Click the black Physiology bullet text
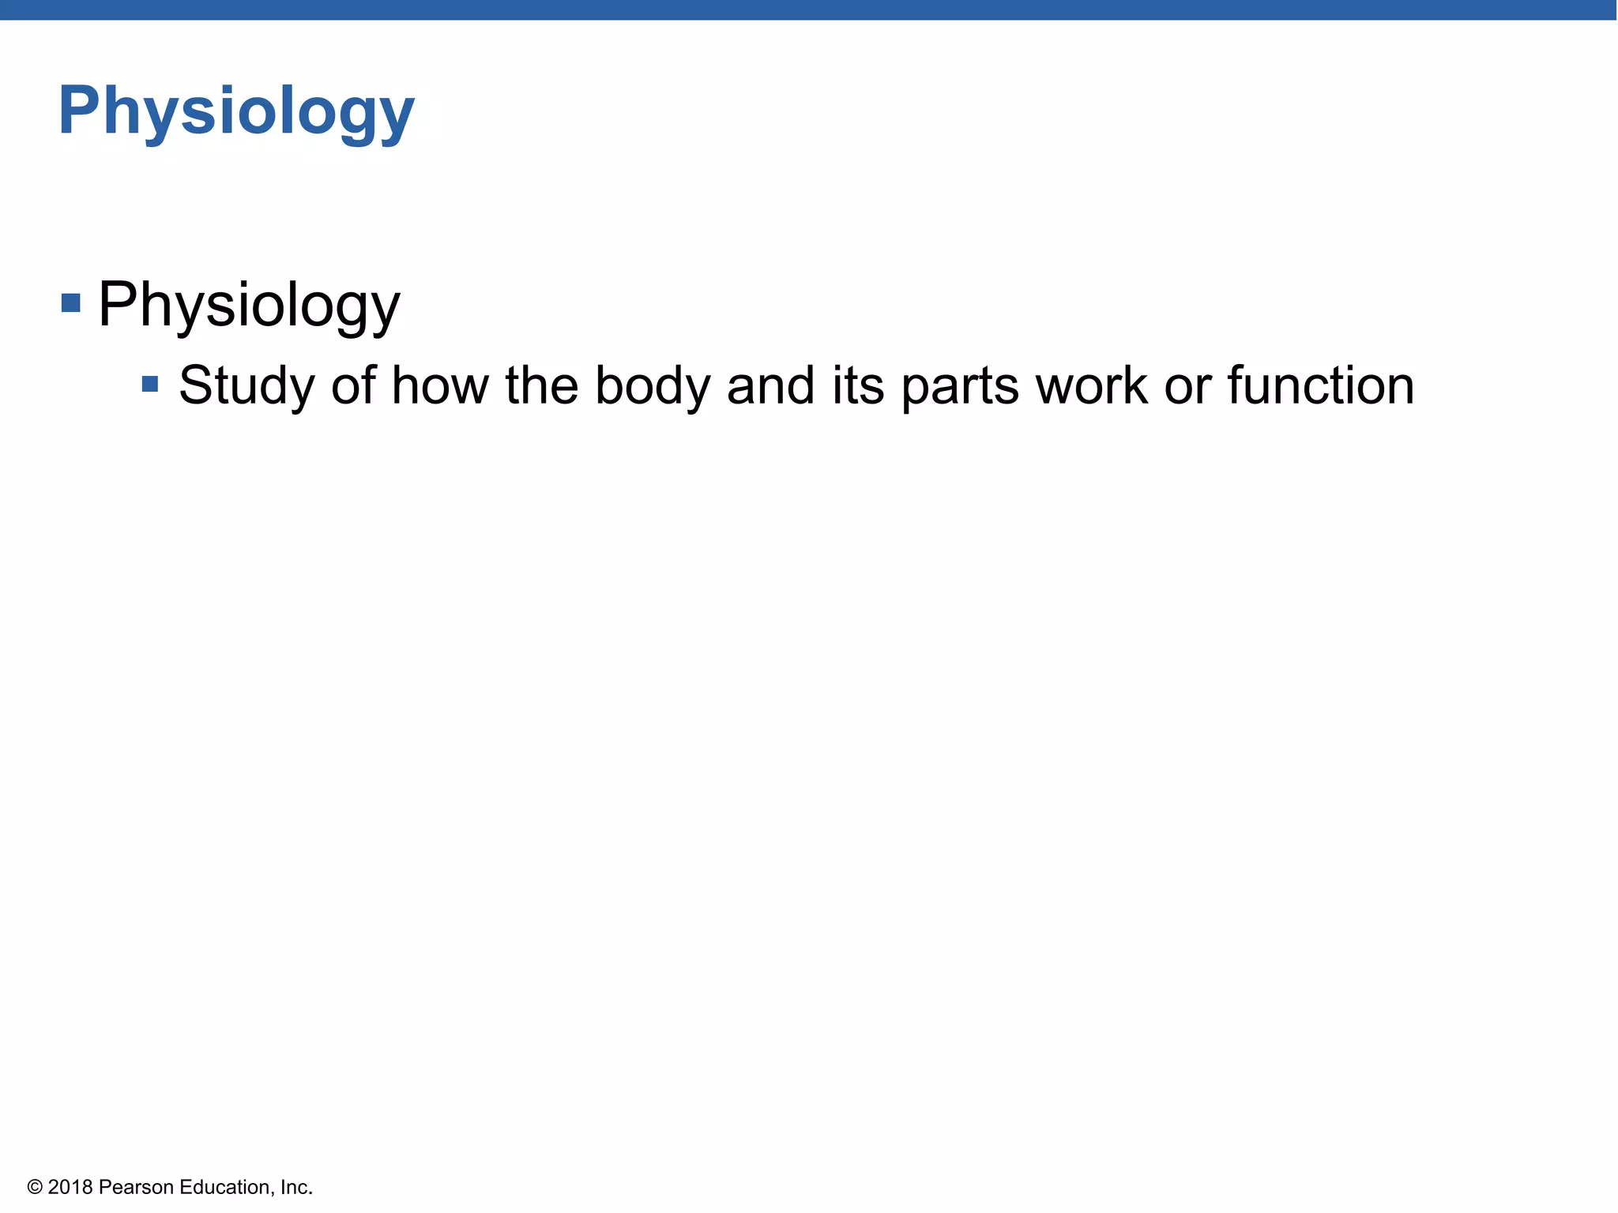pos(248,305)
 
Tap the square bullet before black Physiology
pos(71,303)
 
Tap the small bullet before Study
pos(150,385)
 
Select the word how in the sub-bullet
pos(440,385)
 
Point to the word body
pos(653,387)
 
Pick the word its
pos(858,385)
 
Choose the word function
pos(1320,385)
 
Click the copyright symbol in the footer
pos(35,1188)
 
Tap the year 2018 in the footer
pos(70,1188)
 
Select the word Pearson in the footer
pos(136,1188)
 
